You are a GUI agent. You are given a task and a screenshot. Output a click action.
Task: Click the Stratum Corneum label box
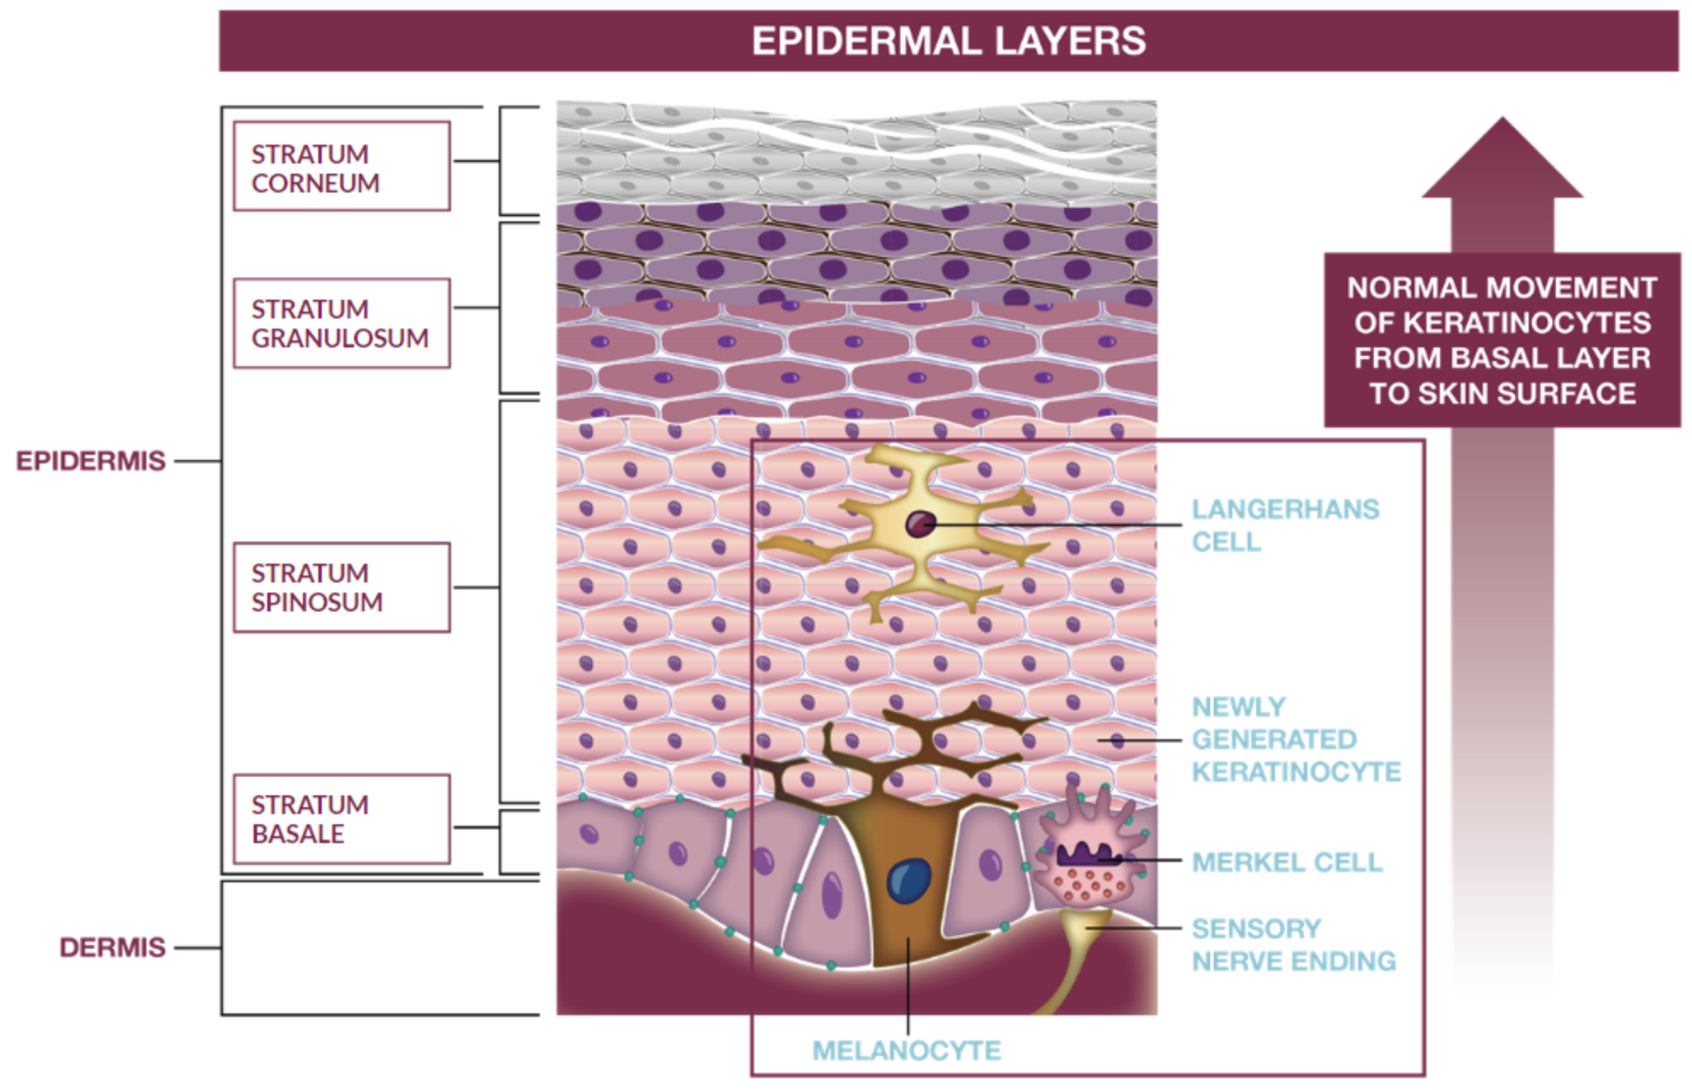[341, 166]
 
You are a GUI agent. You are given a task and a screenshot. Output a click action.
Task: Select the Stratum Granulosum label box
[341, 323]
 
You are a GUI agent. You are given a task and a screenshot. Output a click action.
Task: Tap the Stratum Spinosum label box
[341, 587]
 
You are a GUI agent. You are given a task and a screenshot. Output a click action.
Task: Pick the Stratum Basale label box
[341, 818]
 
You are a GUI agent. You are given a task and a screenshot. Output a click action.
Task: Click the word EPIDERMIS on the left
[90, 461]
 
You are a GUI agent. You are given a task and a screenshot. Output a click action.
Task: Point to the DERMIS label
[112, 947]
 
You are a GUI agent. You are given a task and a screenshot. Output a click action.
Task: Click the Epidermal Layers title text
[948, 41]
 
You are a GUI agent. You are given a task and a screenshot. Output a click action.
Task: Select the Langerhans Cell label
[1284, 525]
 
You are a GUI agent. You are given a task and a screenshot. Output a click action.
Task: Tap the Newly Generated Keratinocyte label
[1295, 739]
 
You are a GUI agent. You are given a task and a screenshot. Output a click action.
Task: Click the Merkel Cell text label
[1287, 862]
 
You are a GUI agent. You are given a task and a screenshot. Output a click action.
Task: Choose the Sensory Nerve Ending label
[1293, 944]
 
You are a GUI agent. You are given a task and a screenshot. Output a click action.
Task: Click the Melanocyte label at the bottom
[906, 1050]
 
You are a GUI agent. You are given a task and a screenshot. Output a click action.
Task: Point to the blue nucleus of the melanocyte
[908, 881]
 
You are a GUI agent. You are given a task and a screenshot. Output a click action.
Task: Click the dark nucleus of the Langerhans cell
[920, 524]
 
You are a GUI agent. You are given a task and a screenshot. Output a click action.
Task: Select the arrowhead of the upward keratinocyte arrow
[1502, 162]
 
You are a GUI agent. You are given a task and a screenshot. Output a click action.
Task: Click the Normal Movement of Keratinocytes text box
[1502, 340]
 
